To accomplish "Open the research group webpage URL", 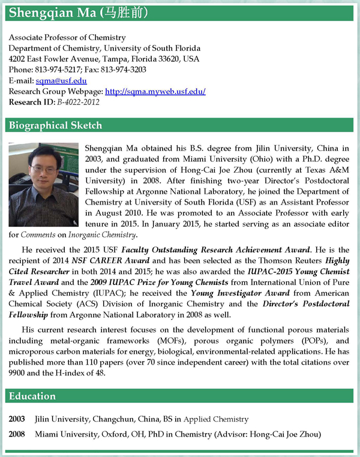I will [155, 92].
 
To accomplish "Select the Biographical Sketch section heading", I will [55, 125].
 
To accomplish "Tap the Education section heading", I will [32, 396].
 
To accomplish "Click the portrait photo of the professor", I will [44, 184].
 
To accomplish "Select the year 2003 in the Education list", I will [17, 419].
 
